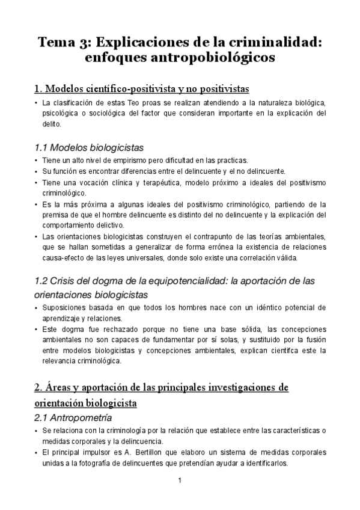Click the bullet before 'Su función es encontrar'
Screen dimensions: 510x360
click(x=37, y=171)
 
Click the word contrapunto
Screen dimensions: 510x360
click(x=206, y=236)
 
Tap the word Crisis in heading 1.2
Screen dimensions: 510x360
click(x=64, y=281)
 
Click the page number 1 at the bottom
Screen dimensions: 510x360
click(x=180, y=481)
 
